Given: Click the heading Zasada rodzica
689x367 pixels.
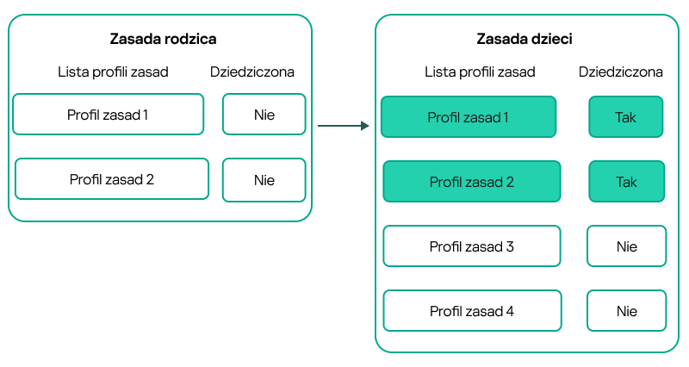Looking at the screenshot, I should pos(163,39).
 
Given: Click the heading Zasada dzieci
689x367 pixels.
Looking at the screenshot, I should pos(525,39).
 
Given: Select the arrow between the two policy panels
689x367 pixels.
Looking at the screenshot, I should pos(343,127).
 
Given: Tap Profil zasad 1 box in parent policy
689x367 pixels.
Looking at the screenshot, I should pos(109,114).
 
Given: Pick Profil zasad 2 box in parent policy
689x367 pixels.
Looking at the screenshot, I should pos(112,179).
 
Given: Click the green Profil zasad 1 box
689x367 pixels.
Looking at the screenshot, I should pos(469,117).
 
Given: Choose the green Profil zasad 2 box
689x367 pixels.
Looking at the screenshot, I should pos(471,182).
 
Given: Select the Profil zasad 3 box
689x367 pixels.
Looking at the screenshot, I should pos(471,246).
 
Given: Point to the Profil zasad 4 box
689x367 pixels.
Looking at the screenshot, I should pos(471,311).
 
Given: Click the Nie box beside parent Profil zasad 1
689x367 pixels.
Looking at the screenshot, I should pos(264,115).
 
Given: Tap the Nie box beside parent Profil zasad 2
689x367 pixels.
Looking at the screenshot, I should pos(264,179).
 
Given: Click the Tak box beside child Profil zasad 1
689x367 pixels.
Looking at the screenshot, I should pos(626,117).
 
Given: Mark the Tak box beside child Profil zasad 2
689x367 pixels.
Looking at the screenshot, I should pos(626,182).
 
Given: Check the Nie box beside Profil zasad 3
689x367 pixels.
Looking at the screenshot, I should pos(626,246).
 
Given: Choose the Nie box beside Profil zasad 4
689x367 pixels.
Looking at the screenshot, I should pos(626,311).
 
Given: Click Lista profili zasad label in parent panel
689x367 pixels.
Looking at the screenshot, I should pos(112,72).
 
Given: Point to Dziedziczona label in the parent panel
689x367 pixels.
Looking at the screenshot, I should pos(252,72).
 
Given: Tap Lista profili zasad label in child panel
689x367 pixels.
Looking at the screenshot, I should pos(480,72).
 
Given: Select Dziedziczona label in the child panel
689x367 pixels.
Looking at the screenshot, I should pos(621,72).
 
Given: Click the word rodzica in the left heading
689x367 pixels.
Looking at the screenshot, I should pos(190,39).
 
